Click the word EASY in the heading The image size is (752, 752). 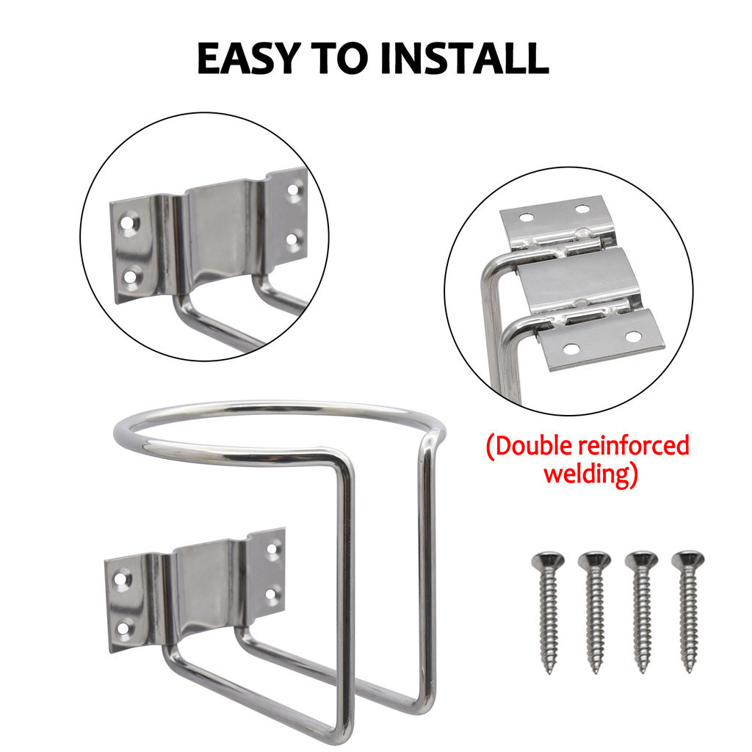click(x=249, y=59)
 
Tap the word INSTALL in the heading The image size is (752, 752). click(x=464, y=59)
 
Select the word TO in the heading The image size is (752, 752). click(x=340, y=59)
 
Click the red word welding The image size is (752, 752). click(x=591, y=474)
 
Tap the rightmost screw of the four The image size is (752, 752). click(x=688, y=612)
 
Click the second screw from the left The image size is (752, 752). click(x=595, y=612)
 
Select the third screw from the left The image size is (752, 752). click(x=642, y=612)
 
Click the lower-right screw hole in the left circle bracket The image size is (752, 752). click(x=294, y=239)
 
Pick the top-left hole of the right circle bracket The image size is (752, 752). click(x=526, y=217)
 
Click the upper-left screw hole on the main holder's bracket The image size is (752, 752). click(x=121, y=579)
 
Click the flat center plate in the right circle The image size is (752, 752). click(x=579, y=278)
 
